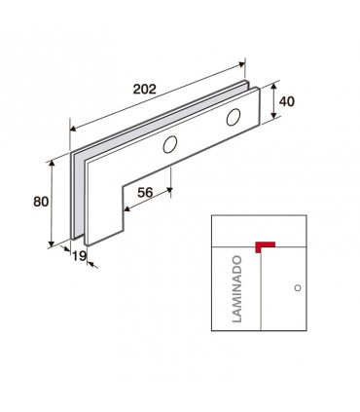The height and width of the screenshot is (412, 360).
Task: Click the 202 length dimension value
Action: click(x=145, y=89)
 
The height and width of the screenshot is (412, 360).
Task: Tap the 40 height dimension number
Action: click(x=287, y=101)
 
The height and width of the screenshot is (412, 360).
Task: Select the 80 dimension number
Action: click(x=41, y=202)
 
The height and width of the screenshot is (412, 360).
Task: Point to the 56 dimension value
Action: click(x=145, y=193)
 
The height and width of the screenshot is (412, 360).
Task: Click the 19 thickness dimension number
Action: click(x=79, y=256)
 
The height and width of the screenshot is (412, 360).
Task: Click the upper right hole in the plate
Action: click(x=234, y=117)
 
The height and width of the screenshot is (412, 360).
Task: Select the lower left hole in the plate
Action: click(x=170, y=144)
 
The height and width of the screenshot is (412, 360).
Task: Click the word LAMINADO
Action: click(x=237, y=289)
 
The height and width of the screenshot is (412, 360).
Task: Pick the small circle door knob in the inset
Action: click(x=298, y=287)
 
